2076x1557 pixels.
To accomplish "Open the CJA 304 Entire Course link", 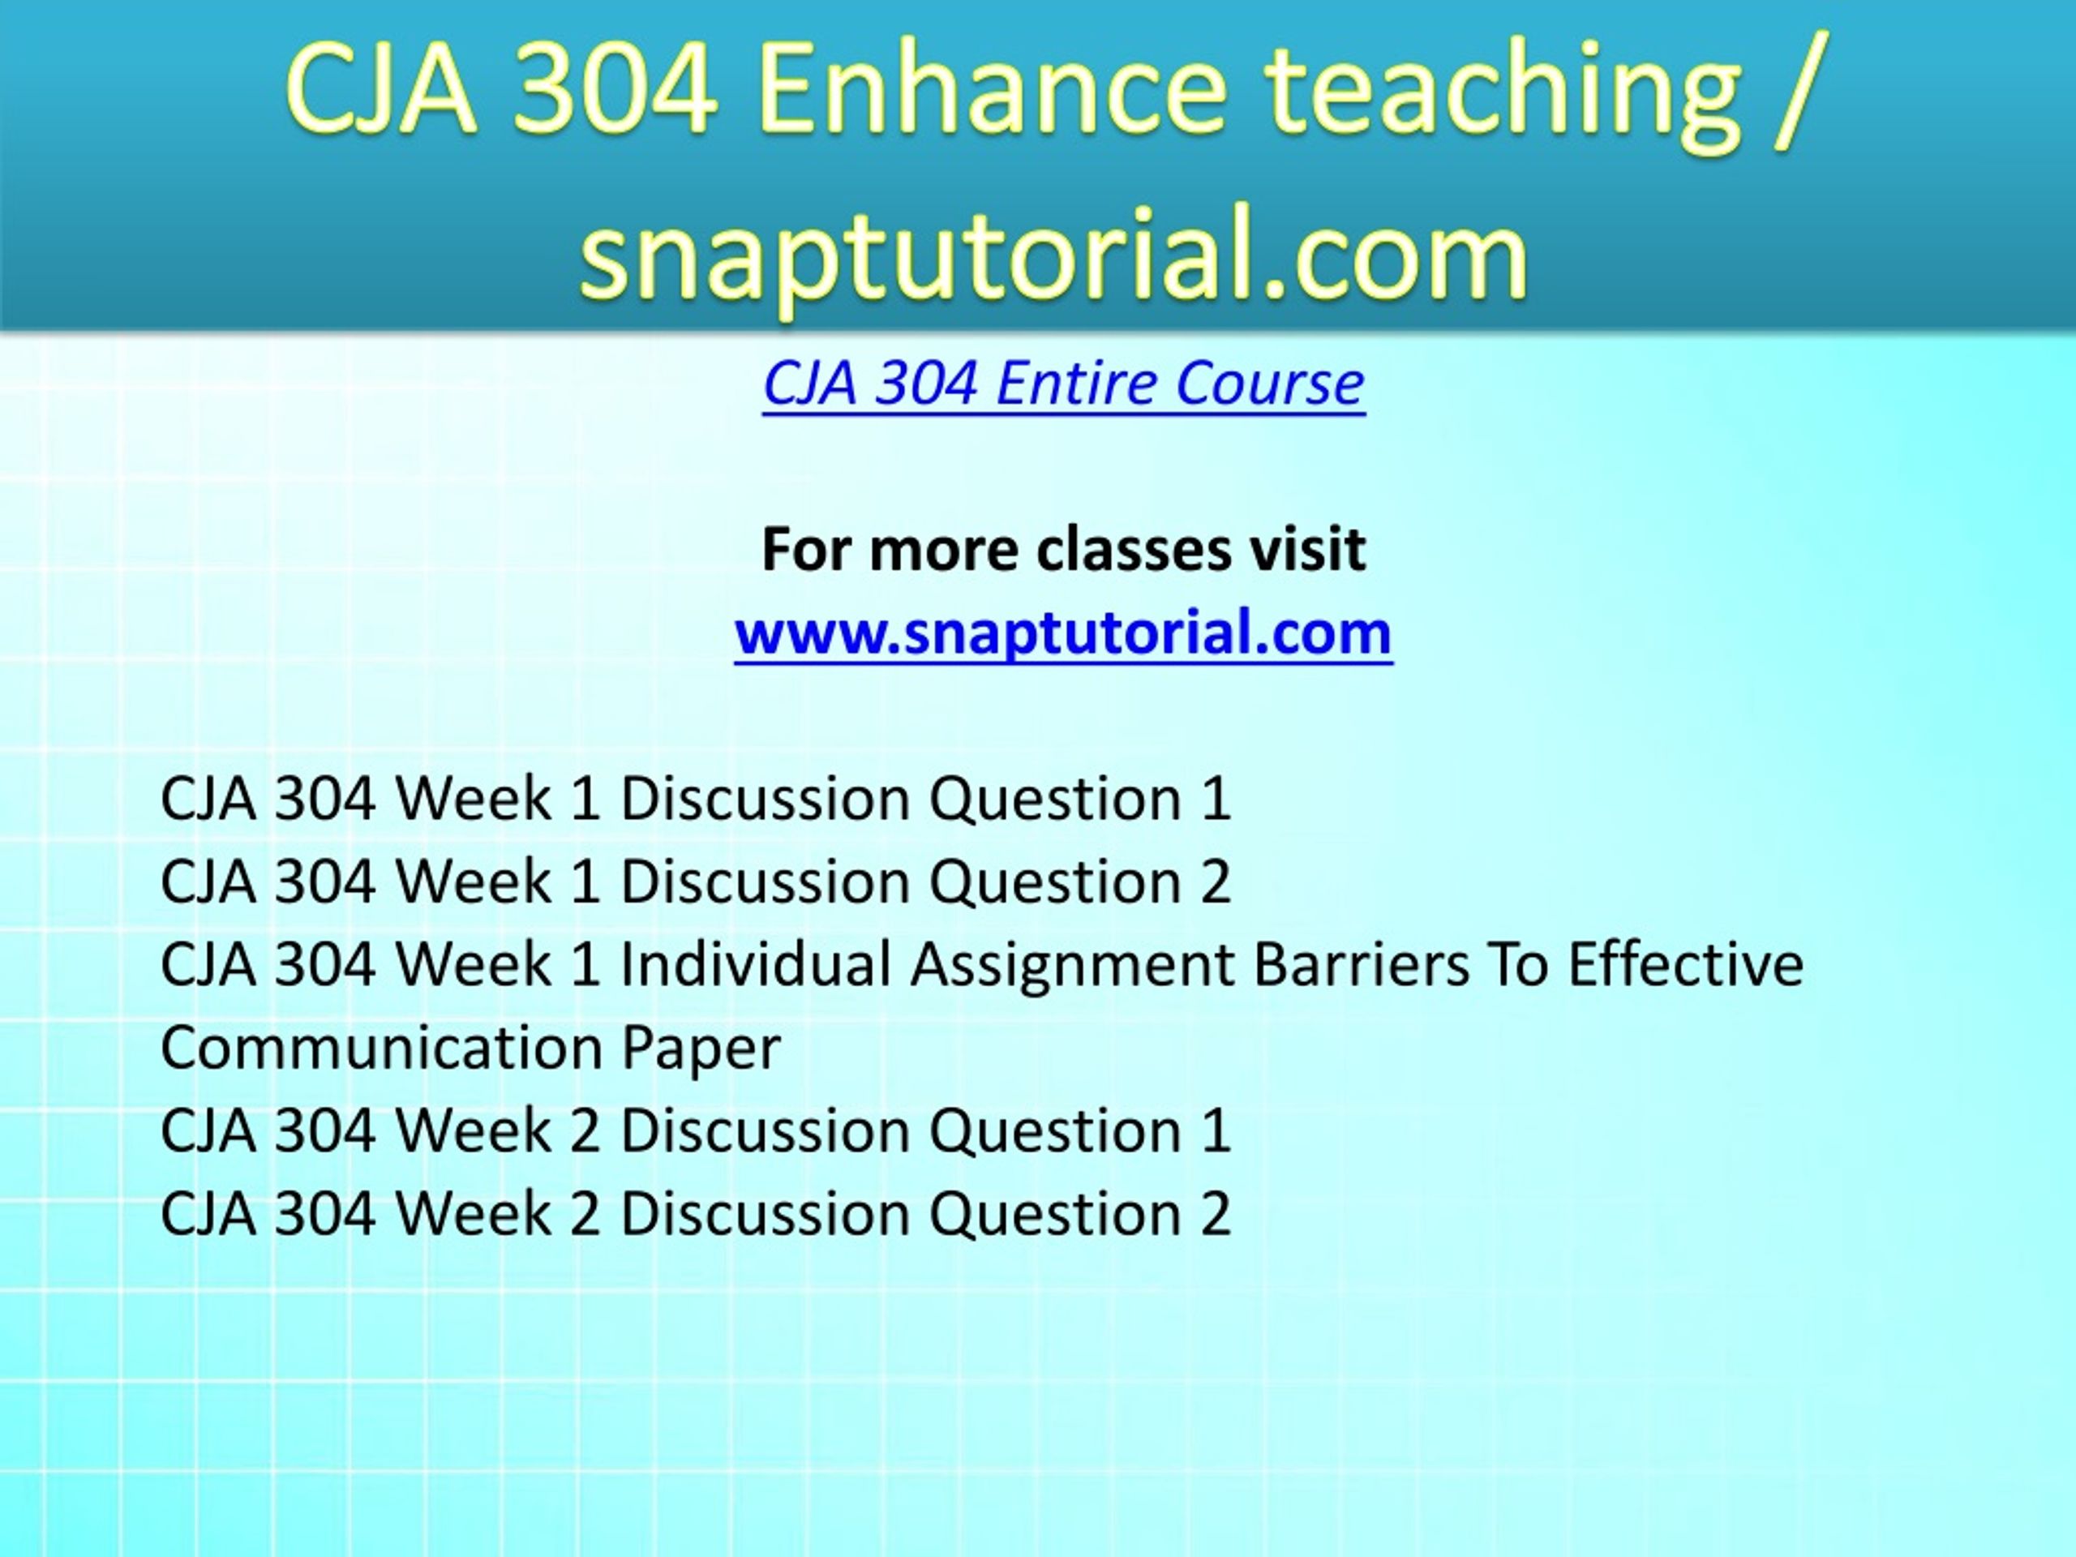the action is (1063, 383).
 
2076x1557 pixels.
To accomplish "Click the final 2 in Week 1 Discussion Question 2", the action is (1216, 881).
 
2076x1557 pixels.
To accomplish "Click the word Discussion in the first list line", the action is (765, 799).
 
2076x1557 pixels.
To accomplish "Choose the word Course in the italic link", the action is (1270, 383).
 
